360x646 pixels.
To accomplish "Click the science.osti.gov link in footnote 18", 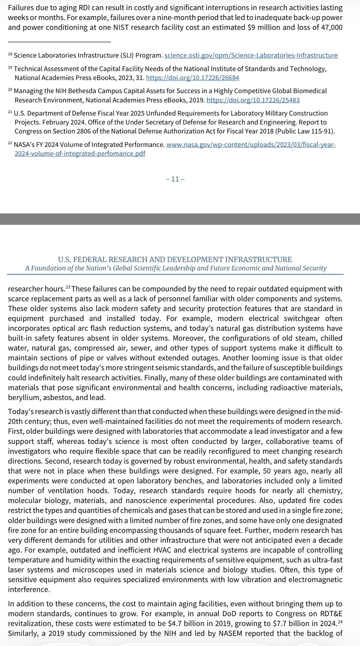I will coord(251,55).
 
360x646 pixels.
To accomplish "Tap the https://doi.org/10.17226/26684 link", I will coord(193,78).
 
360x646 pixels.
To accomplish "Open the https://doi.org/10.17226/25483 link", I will coord(253,100).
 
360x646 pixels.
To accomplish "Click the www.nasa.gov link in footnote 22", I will coord(251,145).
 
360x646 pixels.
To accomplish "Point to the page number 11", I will coord(175,179).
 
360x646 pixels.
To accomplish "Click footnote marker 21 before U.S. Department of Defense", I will coord(10,112).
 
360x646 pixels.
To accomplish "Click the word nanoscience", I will coord(142,501).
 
